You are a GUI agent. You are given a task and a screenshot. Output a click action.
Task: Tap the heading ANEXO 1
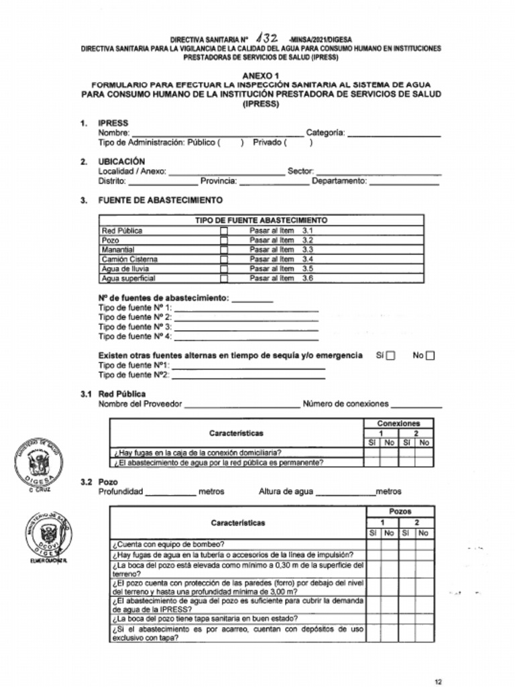pyautogui.click(x=261, y=76)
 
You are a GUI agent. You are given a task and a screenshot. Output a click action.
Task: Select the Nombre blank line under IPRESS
pyautogui.click(x=217, y=134)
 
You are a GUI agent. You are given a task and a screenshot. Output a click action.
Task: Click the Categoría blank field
pyautogui.click(x=394, y=134)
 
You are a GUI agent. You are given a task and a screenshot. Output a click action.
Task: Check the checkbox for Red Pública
pyautogui.click(x=224, y=231)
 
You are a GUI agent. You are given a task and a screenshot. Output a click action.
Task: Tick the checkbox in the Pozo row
pyautogui.click(x=224, y=240)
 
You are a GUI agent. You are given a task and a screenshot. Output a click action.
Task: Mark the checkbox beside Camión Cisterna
pyautogui.click(x=224, y=259)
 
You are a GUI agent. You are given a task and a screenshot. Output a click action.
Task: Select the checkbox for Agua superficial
pyautogui.click(x=224, y=278)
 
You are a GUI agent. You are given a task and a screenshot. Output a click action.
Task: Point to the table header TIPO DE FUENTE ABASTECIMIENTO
pyautogui.click(x=261, y=220)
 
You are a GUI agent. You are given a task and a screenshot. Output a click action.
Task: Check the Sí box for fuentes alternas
pyautogui.click(x=390, y=356)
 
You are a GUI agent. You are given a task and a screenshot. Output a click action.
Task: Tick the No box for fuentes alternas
pyautogui.click(x=431, y=356)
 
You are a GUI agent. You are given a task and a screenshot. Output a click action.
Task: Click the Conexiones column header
pyautogui.click(x=398, y=423)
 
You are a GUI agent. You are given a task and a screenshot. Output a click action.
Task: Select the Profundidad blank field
pyautogui.click(x=170, y=492)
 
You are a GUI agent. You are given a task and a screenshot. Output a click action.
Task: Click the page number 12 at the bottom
pyautogui.click(x=438, y=682)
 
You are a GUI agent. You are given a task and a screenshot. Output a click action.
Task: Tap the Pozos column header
pyautogui.click(x=400, y=511)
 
